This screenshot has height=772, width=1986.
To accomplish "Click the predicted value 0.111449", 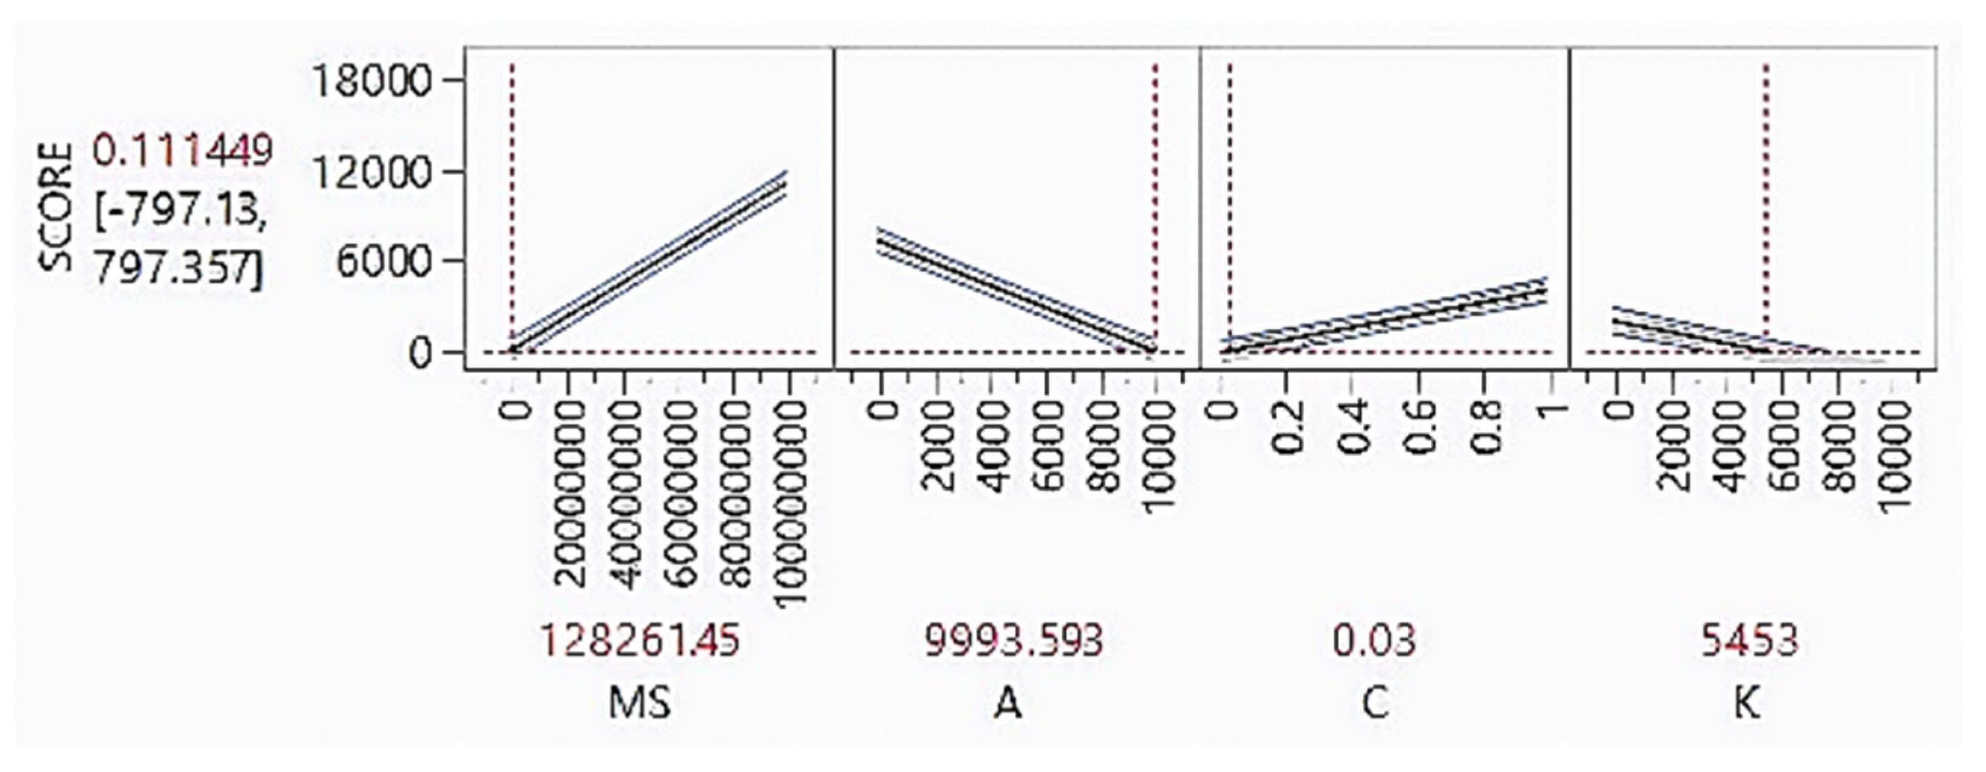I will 183,151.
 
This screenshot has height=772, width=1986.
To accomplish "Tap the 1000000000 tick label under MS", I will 788,505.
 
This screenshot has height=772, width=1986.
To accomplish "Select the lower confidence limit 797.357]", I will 178,269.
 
